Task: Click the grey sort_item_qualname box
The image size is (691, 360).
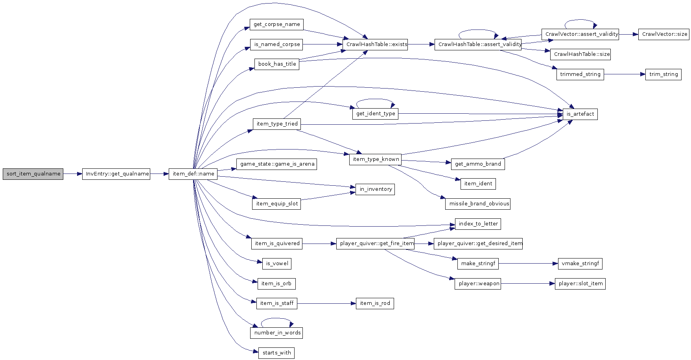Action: pos(33,174)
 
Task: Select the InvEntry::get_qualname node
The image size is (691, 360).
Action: pos(116,174)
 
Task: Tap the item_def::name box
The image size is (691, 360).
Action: pos(193,174)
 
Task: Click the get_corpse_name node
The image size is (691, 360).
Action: pos(277,24)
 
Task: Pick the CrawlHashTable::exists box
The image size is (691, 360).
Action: pos(375,44)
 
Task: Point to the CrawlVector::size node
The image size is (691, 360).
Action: pos(664,34)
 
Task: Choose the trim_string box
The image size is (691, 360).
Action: pos(663,74)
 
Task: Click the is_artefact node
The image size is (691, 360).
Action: pos(580,114)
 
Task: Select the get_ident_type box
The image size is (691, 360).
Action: pos(375,114)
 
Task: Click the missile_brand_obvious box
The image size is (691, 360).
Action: pos(478,204)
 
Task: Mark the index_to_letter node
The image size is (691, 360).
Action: pos(478,224)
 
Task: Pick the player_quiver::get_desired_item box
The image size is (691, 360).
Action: pos(478,244)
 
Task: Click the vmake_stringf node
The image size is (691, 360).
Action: pos(580,264)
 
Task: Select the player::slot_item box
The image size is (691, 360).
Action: pos(580,284)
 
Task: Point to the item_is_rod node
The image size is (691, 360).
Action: pos(375,303)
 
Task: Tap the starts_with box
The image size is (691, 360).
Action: pos(276,353)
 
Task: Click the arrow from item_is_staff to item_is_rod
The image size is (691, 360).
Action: pos(326,303)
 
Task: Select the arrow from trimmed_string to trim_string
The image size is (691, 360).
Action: pos(625,74)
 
